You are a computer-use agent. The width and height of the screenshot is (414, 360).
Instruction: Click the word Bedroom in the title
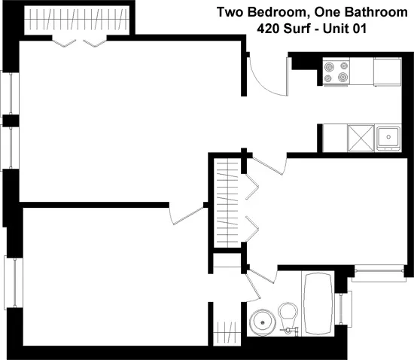point(274,12)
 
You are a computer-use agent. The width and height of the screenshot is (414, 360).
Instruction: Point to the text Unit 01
point(345,29)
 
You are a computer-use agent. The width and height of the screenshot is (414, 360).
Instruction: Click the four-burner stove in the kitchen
point(336,72)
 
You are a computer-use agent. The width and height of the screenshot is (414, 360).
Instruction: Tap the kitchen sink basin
point(388,139)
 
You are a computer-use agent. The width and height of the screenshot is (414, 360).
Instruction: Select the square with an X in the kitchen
point(361,138)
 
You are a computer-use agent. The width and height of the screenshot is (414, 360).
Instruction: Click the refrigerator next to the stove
point(388,72)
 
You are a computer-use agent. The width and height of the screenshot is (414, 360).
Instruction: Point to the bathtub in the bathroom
point(318,304)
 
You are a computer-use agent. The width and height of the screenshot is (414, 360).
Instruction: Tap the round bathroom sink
point(263,322)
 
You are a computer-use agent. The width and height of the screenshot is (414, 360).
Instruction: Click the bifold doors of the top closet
point(80,43)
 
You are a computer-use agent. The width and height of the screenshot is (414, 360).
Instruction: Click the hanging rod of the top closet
point(77,20)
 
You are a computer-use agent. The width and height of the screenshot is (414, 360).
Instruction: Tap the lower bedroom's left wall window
point(14,282)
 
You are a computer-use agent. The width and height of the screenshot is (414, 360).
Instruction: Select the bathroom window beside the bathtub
point(343,309)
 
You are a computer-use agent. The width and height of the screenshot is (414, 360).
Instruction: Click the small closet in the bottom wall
point(227,333)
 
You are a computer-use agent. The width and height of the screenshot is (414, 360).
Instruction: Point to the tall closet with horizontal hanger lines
point(227,203)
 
